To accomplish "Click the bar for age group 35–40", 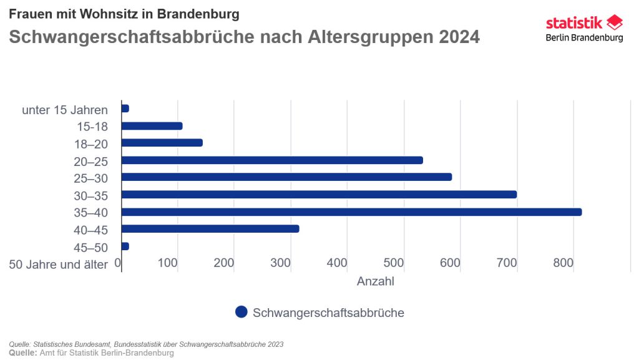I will pyautogui.click(x=351, y=212).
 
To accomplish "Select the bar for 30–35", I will pyautogui.click(x=319, y=195).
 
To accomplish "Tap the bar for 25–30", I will pyautogui.click(x=286, y=177).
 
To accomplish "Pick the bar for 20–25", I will pyautogui.click(x=272, y=160).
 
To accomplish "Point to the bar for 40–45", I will pyautogui.click(x=210, y=229).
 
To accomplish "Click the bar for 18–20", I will pyautogui.click(x=162, y=143).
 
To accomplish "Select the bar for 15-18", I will pyautogui.click(x=152, y=126).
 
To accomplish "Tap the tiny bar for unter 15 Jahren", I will pyautogui.click(x=125, y=109).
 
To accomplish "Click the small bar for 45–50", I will pyautogui.click(x=125, y=246).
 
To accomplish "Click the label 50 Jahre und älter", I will pyautogui.click(x=59, y=265).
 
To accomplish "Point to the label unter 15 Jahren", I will pyautogui.click(x=65, y=110).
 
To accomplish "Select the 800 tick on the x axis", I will pyautogui.click(x=563, y=263).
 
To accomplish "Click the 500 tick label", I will pyautogui.click(x=394, y=263).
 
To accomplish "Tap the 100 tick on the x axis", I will pyautogui.click(x=167, y=263).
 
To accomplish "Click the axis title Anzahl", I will pyautogui.click(x=376, y=281).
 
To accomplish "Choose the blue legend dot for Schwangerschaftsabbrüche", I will pyautogui.click(x=241, y=312).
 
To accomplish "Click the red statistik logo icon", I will pyautogui.click(x=615, y=23).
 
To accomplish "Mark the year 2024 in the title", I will pyautogui.click(x=459, y=37).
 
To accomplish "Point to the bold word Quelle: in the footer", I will pyautogui.click(x=22, y=353).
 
